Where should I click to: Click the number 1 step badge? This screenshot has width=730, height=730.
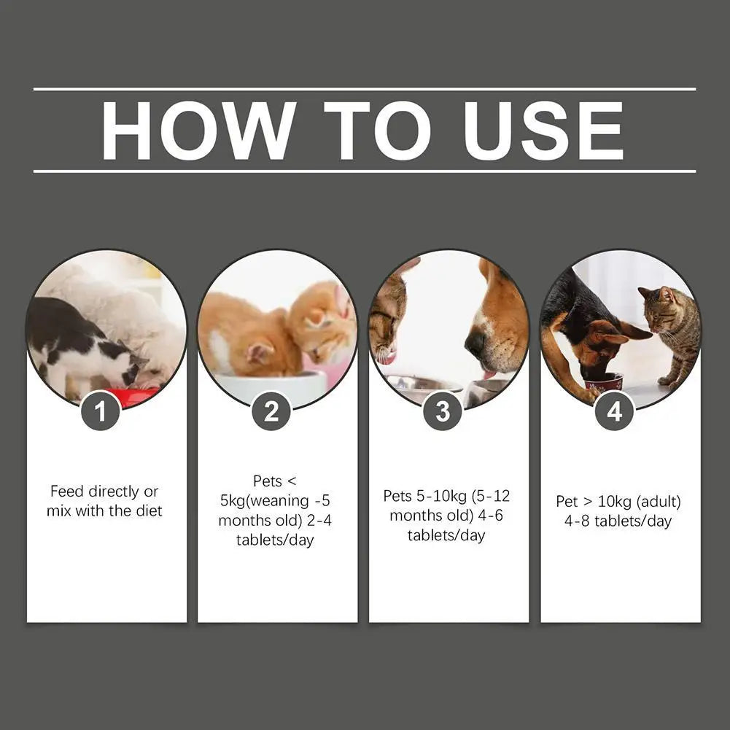click(x=101, y=412)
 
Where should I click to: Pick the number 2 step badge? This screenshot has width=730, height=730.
click(x=271, y=412)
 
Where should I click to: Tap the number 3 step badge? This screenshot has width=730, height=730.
click(x=443, y=412)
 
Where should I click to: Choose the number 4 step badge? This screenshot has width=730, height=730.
click(x=614, y=412)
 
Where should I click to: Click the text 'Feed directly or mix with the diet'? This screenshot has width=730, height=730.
click(x=104, y=501)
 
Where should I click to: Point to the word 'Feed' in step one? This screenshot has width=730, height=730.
click(x=66, y=492)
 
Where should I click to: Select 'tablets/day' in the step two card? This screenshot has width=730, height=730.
click(x=275, y=540)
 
